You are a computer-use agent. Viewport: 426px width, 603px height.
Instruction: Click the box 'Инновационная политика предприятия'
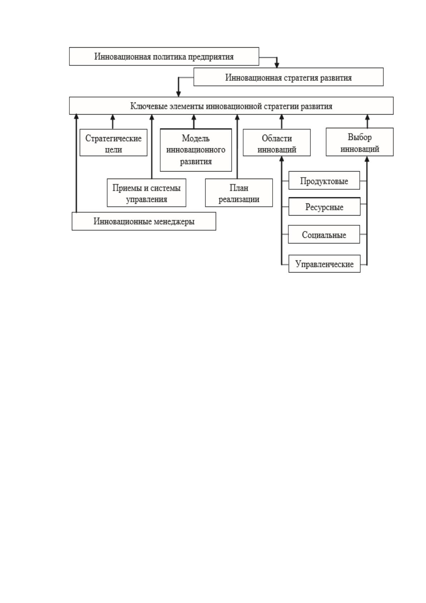click(164, 57)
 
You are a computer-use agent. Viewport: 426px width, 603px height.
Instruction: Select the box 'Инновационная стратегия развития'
click(288, 77)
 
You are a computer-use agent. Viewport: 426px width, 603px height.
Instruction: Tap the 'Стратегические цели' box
click(113, 143)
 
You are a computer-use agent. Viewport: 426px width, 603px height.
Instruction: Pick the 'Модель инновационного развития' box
click(196, 150)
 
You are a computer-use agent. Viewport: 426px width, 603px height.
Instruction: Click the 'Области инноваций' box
click(277, 143)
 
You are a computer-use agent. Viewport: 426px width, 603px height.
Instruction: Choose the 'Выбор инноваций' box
click(359, 142)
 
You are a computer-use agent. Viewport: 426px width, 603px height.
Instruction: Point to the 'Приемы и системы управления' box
click(147, 193)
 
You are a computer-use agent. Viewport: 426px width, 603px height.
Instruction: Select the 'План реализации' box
click(239, 193)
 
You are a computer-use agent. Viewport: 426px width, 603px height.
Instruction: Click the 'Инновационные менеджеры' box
click(144, 221)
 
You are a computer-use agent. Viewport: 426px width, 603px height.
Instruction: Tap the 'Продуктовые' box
click(324, 180)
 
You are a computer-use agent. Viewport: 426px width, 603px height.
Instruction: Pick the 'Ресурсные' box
click(324, 207)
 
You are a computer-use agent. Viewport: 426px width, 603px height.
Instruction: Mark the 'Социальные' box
click(324, 235)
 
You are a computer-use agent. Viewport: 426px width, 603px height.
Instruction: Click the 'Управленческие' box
click(324, 264)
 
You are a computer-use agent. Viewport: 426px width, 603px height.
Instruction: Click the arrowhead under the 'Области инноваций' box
click(281, 159)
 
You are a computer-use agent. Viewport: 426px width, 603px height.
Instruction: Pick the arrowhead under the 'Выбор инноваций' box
click(367, 159)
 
